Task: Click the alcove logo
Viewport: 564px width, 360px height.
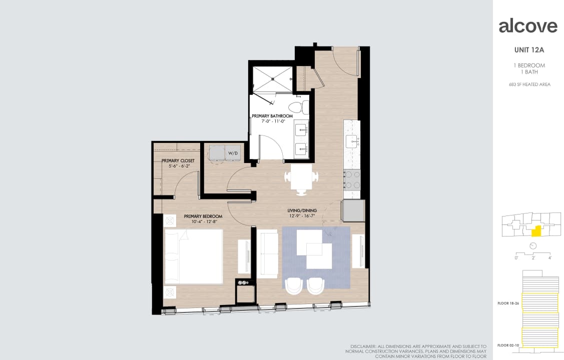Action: [x=528, y=26]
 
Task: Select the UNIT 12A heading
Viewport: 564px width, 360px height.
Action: [x=529, y=50]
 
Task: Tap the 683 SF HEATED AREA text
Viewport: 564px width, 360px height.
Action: [x=529, y=84]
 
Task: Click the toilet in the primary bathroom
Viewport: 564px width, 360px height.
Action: [x=302, y=107]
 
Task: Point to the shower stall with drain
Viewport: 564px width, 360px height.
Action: [x=272, y=79]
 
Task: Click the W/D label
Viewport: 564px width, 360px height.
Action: [x=233, y=152]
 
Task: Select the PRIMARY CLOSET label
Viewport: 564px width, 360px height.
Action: [x=178, y=160]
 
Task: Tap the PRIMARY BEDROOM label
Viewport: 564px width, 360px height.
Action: [x=203, y=216]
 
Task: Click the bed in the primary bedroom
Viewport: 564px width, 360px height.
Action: [x=194, y=256]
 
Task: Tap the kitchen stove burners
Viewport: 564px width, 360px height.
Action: [x=352, y=179]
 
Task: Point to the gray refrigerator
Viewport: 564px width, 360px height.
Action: [x=353, y=210]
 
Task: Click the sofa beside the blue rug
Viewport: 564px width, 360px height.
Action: [x=267, y=253]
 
